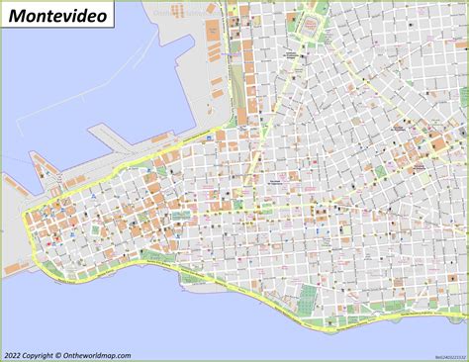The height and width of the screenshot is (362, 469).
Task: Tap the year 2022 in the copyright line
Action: (14, 353)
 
